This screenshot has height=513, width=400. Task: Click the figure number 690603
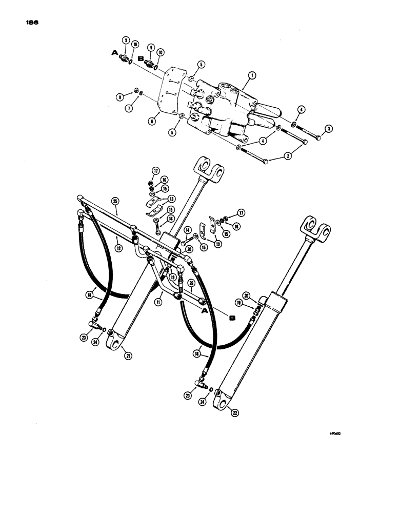(335, 432)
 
